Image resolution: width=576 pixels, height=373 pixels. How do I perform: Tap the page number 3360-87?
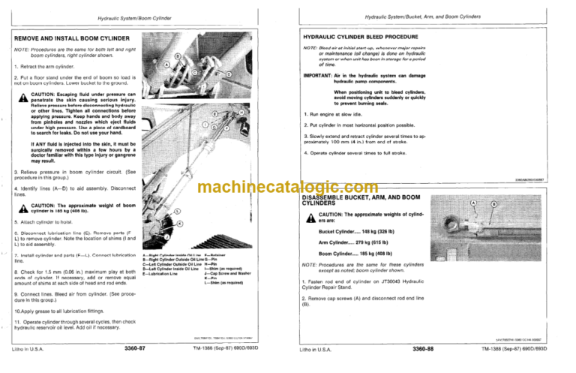(131, 350)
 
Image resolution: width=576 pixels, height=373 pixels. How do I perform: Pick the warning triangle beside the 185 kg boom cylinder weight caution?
(24, 209)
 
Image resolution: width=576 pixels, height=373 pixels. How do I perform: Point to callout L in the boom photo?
(175, 212)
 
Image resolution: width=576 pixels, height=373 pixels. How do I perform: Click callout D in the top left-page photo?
(229, 75)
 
